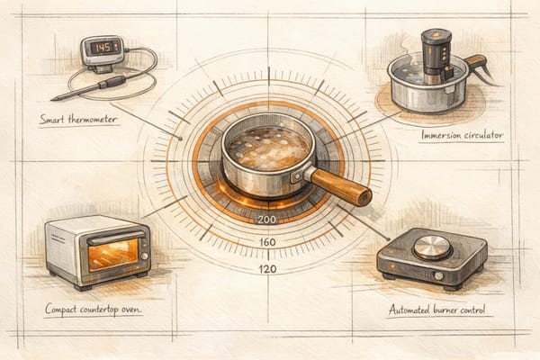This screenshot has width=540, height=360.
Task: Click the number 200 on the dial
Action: click(x=266, y=219)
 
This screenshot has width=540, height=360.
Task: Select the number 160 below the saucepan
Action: click(x=266, y=243)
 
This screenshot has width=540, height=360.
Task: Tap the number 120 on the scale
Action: click(x=266, y=269)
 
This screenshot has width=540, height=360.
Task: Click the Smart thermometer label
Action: click(x=78, y=119)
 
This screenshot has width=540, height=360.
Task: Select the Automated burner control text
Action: click(x=436, y=310)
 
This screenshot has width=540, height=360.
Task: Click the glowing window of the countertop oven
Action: click(x=112, y=253)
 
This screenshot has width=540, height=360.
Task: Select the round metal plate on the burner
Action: click(x=433, y=246)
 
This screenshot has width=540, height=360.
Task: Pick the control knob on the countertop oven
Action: click(x=143, y=256)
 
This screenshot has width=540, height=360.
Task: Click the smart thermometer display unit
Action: click(x=102, y=51)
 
